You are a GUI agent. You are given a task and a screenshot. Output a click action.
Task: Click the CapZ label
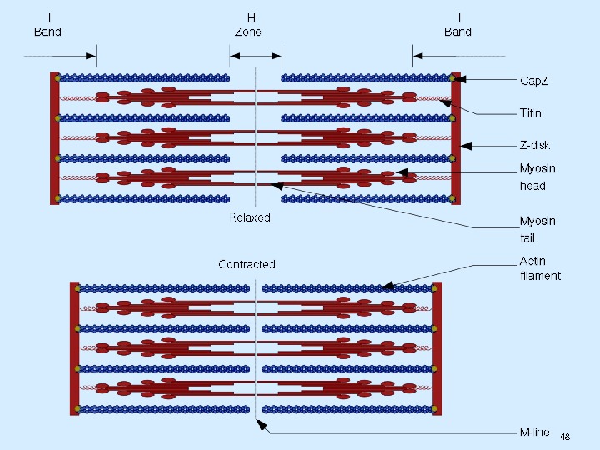click(x=534, y=81)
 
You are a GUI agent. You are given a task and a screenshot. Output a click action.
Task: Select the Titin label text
click(x=531, y=113)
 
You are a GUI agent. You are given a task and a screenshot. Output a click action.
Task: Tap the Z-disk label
click(x=535, y=145)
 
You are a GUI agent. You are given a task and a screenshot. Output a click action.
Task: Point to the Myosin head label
click(x=537, y=177)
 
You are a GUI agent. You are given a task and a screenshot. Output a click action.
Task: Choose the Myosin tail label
click(x=537, y=229)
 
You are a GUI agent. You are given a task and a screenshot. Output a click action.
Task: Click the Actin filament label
click(x=540, y=268)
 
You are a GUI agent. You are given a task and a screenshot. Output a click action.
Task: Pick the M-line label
click(x=534, y=432)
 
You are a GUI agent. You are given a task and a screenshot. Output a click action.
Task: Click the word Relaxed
click(x=250, y=217)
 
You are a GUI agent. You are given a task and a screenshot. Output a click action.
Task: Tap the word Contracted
click(x=247, y=264)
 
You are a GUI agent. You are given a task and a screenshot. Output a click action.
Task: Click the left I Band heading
click(x=47, y=24)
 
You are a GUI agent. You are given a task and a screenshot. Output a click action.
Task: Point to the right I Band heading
click(x=457, y=24)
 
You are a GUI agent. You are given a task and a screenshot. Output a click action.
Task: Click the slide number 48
click(x=565, y=437)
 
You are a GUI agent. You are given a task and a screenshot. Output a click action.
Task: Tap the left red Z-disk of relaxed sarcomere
click(x=54, y=137)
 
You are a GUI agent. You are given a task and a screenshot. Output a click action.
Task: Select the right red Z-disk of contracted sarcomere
click(x=437, y=348)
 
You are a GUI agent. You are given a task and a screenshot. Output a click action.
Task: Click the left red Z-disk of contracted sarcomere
click(x=75, y=348)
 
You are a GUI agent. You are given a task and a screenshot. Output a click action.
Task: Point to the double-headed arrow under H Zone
click(x=256, y=56)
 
